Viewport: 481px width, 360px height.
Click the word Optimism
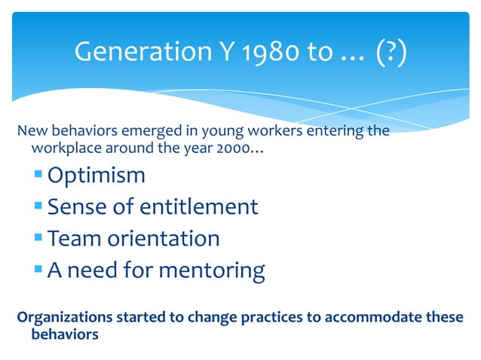(x=97, y=175)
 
